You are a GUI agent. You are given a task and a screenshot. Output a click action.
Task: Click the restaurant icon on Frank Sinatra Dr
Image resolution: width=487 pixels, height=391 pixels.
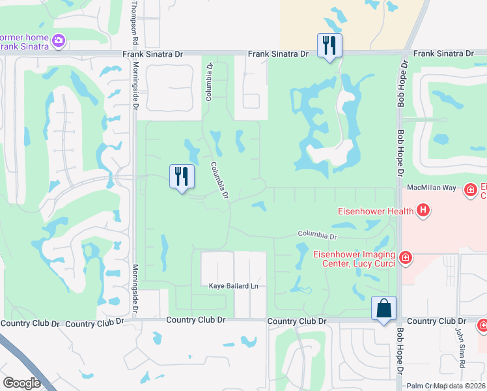329,46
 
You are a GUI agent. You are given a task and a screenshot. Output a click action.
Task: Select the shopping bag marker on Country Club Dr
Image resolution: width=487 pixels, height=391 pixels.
383,308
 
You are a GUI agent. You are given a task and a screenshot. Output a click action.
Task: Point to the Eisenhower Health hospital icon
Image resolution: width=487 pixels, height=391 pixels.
423,210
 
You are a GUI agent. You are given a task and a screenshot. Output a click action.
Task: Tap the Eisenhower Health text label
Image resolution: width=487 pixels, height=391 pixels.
375,210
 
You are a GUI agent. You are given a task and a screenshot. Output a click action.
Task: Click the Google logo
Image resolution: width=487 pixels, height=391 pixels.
21,383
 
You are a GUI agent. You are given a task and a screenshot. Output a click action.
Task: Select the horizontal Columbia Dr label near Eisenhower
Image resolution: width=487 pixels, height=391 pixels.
318,235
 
